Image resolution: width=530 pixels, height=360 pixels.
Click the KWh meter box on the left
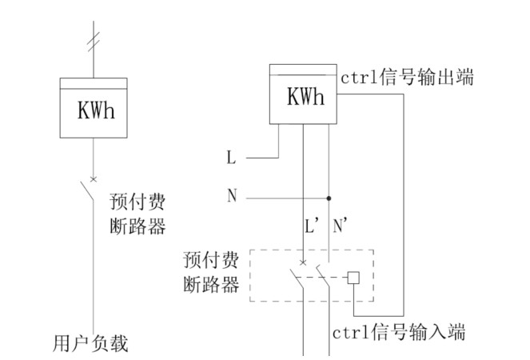[94, 110]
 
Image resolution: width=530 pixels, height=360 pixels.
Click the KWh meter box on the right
[303, 97]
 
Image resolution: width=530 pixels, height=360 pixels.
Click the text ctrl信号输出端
[407, 78]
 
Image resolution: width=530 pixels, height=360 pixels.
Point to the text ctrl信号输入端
[398, 330]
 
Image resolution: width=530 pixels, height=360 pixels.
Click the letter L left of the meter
[232, 158]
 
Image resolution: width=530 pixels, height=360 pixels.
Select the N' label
[340, 227]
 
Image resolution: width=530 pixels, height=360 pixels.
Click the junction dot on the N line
[329, 197]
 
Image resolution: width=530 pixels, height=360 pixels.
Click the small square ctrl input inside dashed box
[353, 279]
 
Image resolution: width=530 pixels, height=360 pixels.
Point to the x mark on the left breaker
[94, 178]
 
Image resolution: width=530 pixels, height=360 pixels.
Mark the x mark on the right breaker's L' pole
[303, 262]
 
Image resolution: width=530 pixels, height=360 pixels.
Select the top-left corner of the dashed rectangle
[250, 250]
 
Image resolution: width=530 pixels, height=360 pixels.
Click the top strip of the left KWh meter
[94, 83]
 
